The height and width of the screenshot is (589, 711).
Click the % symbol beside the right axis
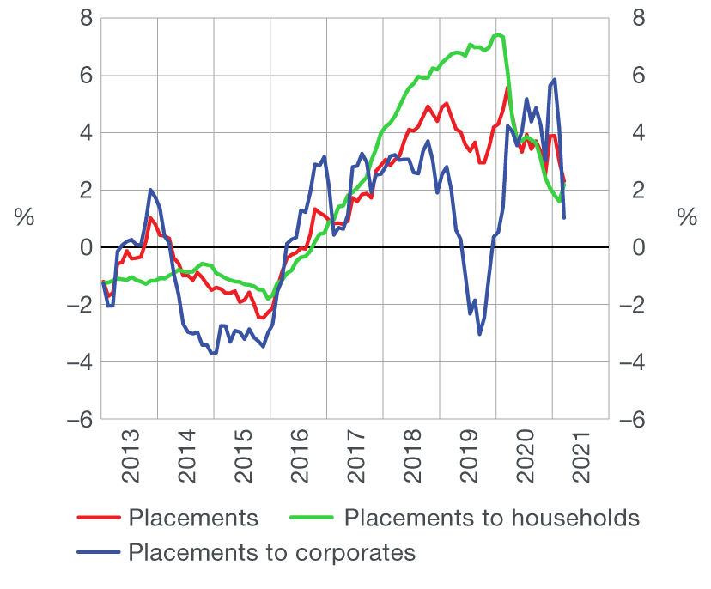(686, 218)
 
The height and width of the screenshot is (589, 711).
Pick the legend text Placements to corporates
(271, 552)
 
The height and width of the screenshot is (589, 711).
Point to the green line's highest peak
(498, 34)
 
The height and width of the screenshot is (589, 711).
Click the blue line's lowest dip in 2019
(479, 334)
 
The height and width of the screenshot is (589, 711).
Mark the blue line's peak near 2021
(556, 79)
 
